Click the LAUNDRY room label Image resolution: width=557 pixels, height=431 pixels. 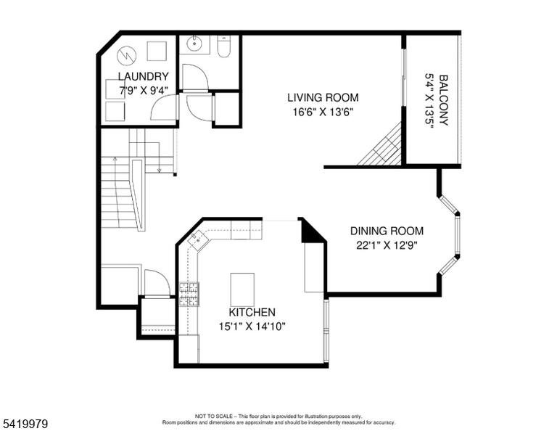[x=143, y=76]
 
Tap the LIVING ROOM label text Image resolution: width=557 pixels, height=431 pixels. [x=323, y=97]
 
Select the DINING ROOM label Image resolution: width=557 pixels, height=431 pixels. [x=387, y=231]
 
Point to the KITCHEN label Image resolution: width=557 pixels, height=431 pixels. [x=252, y=312]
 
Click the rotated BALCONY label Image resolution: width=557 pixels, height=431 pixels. [x=443, y=100]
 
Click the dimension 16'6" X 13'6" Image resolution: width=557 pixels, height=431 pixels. [x=323, y=112]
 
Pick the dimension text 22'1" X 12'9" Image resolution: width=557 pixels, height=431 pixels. [x=387, y=245]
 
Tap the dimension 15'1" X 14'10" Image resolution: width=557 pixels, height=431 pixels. [x=252, y=327]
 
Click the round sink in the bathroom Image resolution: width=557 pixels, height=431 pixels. [x=194, y=44]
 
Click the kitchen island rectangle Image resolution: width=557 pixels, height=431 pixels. [x=242, y=290]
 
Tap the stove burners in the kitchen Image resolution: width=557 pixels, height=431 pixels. [x=189, y=294]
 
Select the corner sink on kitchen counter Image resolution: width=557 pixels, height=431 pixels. [x=199, y=240]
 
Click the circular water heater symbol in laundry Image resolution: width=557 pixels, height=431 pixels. [x=126, y=56]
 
